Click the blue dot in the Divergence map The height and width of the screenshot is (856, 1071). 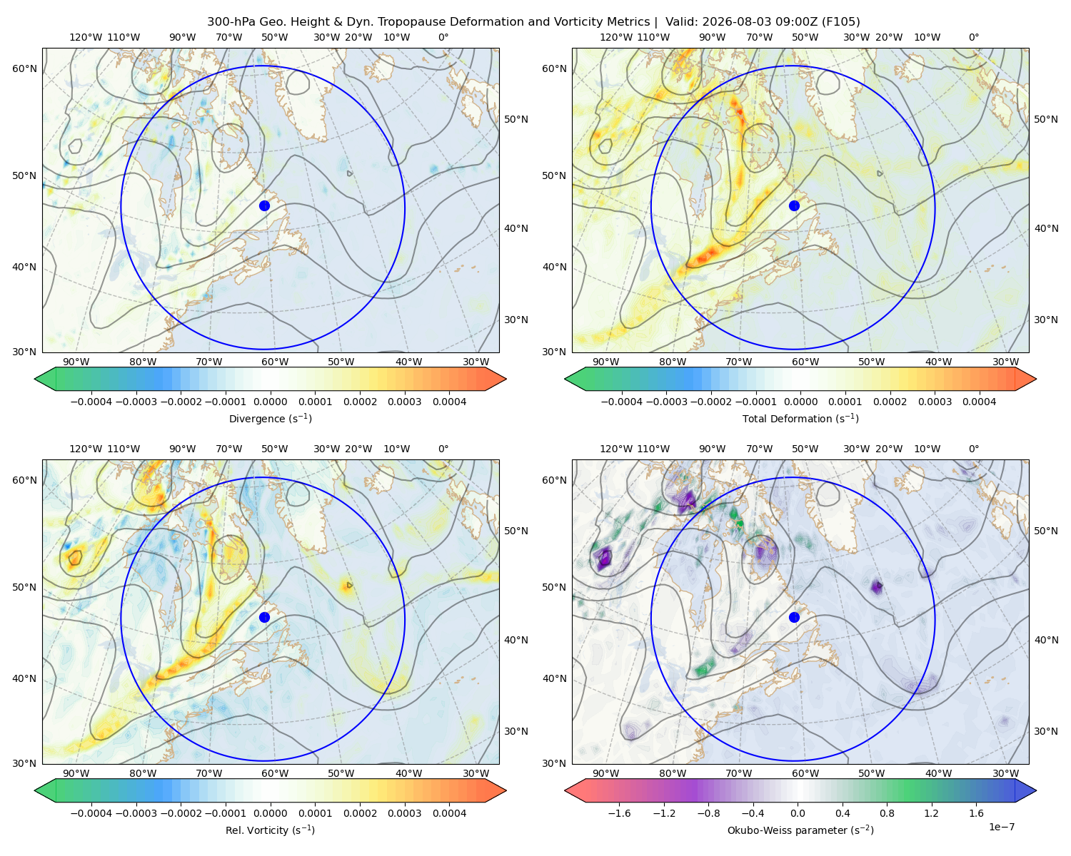coord(264,205)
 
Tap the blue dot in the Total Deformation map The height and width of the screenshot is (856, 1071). coord(794,205)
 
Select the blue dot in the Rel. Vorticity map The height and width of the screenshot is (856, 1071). coord(264,617)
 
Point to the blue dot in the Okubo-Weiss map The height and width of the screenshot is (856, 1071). coord(794,617)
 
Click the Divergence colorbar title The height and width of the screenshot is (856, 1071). coord(270,418)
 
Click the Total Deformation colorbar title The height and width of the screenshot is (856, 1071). coord(800,418)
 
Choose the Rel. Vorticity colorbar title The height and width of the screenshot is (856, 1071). coord(270,830)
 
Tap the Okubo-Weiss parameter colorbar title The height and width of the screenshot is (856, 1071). coord(800,830)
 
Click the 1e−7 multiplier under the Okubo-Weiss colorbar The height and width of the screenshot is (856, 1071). coord(1001,827)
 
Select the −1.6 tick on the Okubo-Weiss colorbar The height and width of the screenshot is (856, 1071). coord(619,813)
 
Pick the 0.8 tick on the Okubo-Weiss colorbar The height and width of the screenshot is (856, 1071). coord(887,813)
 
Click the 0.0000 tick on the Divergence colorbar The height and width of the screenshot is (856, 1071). coord(270,402)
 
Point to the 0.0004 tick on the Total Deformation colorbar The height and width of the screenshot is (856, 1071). coord(979,402)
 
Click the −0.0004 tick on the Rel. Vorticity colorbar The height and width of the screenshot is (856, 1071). coord(91,813)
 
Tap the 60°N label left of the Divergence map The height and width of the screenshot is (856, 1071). coord(24,68)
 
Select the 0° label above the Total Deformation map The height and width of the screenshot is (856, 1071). coord(973,37)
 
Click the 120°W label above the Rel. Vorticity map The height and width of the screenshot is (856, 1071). coord(86,449)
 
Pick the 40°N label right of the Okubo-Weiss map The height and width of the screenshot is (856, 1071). coord(1045,640)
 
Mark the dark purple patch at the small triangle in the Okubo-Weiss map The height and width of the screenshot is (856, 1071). coord(876,587)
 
